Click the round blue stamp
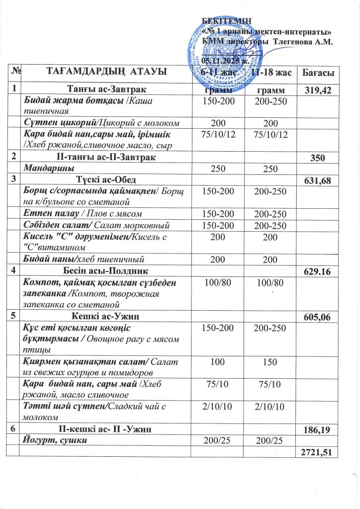pyautogui.click(x=219, y=50)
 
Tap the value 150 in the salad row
pyautogui.click(x=269, y=365)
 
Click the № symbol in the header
pyautogui.click(x=15, y=73)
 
